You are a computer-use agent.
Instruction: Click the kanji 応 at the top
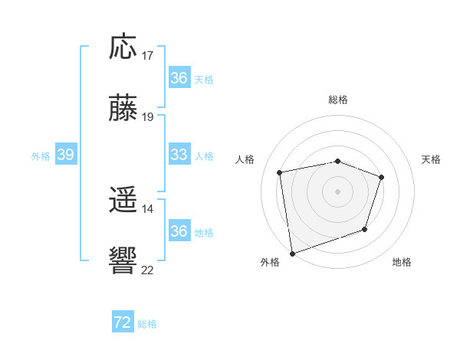point(123,47)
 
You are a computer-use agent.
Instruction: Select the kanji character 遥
point(123,201)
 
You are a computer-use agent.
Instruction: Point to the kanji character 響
point(123,260)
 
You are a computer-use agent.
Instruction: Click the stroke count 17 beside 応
point(148,56)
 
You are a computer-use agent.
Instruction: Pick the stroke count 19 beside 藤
point(148,117)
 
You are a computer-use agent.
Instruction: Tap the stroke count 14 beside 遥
point(148,208)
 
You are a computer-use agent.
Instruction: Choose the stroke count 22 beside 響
point(148,269)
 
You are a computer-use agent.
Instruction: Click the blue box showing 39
point(65,155)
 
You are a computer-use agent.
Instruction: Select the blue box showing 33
point(179,155)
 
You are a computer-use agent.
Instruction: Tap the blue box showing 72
point(123,322)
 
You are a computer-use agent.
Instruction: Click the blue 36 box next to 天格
point(179,78)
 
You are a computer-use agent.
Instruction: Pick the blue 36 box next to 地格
point(179,231)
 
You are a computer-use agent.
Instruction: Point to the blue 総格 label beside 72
point(147,324)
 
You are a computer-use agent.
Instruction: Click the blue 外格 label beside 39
point(41,156)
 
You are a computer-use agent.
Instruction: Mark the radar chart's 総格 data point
point(337,161)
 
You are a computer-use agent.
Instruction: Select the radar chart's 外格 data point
point(292,253)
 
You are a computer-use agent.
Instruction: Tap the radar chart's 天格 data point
point(382,177)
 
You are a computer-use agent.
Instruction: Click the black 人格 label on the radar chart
point(245,159)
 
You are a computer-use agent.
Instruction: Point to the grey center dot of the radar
point(337,191)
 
